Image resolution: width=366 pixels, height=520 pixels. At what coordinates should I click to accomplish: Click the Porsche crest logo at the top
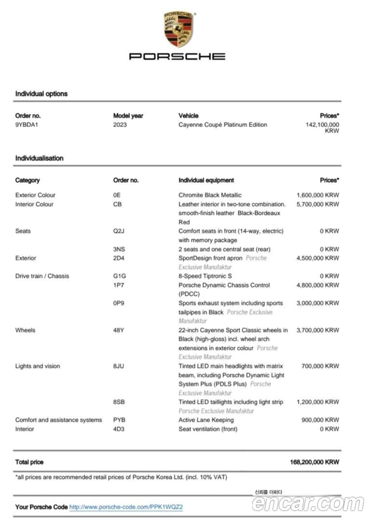pyautogui.click(x=178, y=29)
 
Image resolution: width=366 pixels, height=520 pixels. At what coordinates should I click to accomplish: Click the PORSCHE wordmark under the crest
pyautogui.click(x=177, y=56)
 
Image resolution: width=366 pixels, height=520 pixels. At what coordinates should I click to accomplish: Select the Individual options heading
pyautogui.click(x=41, y=94)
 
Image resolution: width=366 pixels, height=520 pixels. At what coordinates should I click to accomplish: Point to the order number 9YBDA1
pyautogui.click(x=27, y=125)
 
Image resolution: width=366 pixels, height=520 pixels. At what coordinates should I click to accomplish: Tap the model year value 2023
pyautogui.click(x=120, y=125)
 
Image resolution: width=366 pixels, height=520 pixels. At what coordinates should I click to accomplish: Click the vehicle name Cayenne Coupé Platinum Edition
pyautogui.click(x=222, y=125)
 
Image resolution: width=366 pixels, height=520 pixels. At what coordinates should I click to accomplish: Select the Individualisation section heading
pyautogui.click(x=39, y=158)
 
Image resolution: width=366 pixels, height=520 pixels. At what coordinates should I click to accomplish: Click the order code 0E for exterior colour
pyautogui.click(x=117, y=195)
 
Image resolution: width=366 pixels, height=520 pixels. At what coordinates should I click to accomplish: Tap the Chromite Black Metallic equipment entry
pyautogui.click(x=210, y=195)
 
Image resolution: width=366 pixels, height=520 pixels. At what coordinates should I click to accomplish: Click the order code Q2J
pyautogui.click(x=118, y=231)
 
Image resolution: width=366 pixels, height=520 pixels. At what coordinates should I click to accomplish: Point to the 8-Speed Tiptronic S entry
pyautogui.click(x=205, y=276)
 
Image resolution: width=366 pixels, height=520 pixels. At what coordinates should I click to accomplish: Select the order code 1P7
pyautogui.click(x=118, y=285)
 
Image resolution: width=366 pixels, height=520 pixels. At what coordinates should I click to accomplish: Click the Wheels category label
pyautogui.click(x=25, y=330)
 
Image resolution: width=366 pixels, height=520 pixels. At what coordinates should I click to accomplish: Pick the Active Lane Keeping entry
pyautogui.click(x=206, y=420)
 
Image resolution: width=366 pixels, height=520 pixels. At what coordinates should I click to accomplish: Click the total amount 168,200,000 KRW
pyautogui.click(x=314, y=462)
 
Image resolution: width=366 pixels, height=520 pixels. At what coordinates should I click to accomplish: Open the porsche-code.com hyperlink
pyautogui.click(x=126, y=507)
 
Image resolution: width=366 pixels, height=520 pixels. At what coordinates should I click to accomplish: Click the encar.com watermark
pyautogui.click(x=308, y=504)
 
